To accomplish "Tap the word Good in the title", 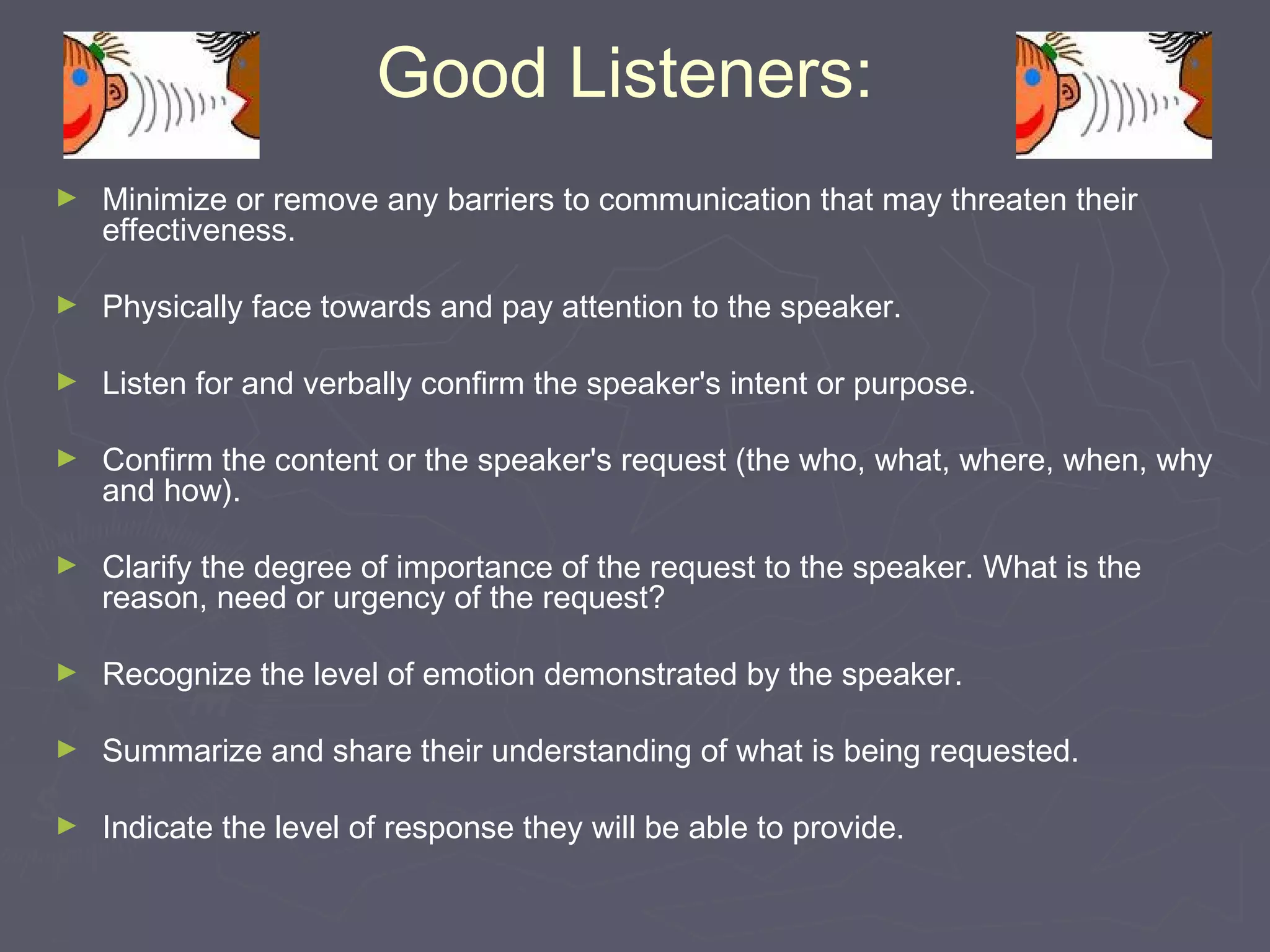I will click(462, 74).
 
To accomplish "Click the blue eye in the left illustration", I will click(80, 77).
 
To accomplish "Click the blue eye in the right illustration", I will click(1032, 77).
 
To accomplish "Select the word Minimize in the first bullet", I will click(164, 200).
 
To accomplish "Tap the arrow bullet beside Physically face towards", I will click(66, 304).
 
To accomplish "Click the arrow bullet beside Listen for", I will click(66, 381).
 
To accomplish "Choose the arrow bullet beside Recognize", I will click(66, 672).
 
